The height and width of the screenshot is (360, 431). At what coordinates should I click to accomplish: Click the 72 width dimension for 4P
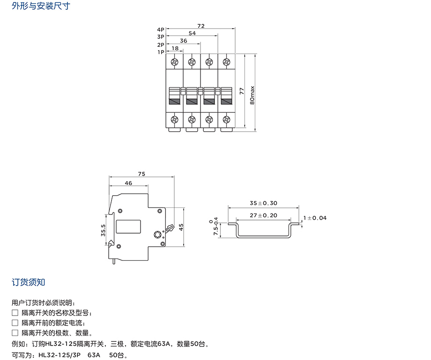tap(201, 26)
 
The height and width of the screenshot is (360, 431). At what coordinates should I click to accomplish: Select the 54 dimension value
tap(192, 33)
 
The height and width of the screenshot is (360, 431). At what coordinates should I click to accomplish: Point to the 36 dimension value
tap(184, 41)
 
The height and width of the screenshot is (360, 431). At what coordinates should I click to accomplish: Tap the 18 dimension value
tap(175, 48)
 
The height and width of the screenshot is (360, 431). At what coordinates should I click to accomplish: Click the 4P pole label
tap(161, 29)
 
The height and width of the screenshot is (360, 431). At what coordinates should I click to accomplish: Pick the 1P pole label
tap(161, 52)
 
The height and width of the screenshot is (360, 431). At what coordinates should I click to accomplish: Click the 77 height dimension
tap(242, 91)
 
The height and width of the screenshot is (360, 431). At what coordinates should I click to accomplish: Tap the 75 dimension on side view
tap(141, 174)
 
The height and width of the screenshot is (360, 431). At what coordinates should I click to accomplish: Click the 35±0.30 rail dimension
tap(263, 203)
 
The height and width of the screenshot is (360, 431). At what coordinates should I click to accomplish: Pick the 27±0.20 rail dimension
tap(263, 215)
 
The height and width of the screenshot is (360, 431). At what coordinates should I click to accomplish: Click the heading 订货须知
tap(29, 282)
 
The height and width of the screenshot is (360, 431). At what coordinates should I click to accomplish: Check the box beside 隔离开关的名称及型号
tap(15, 312)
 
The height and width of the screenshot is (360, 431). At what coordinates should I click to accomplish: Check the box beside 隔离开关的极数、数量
tap(15, 333)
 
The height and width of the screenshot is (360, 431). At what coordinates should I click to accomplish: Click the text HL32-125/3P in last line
tap(54, 355)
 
